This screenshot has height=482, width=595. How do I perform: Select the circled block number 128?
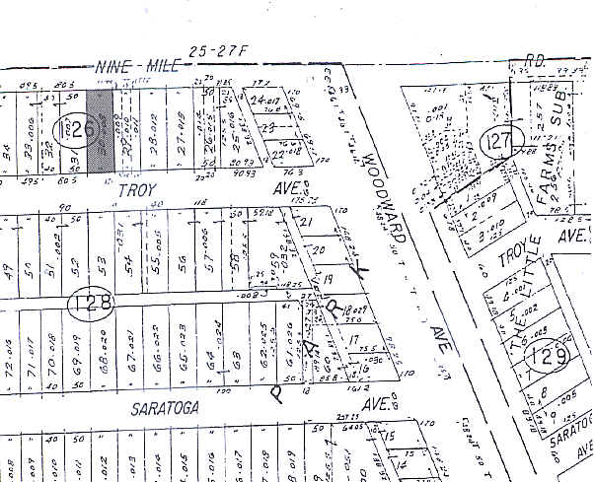[90, 301]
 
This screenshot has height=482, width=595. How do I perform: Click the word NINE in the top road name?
[112, 66]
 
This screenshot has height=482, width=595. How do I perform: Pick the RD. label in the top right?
[536, 59]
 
